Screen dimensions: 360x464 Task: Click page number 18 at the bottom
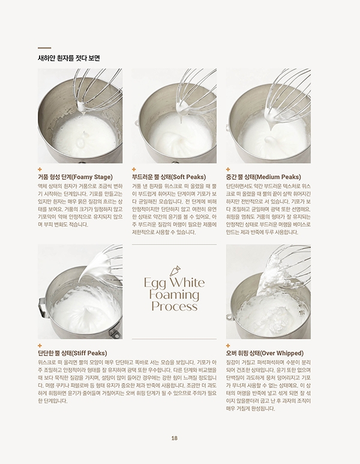[174, 438]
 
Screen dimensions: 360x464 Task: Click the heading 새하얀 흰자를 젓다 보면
[68, 58]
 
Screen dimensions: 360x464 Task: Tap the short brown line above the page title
[44, 47]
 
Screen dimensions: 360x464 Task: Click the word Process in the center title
[175, 306]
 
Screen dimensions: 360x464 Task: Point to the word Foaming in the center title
[175, 295]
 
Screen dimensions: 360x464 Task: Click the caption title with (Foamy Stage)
[75, 177]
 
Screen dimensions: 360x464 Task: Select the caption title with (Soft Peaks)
[169, 177]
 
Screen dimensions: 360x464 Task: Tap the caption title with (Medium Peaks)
[263, 177]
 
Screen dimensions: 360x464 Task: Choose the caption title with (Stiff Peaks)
[73, 353]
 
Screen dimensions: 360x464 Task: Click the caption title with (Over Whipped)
[265, 353]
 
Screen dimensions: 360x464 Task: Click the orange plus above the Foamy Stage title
[40, 170]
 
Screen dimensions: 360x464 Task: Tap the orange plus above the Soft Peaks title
[134, 170]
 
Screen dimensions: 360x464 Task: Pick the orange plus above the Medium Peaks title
[228, 170]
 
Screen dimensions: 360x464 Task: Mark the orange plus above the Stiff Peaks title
[40, 346]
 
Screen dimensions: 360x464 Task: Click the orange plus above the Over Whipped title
[228, 346]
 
